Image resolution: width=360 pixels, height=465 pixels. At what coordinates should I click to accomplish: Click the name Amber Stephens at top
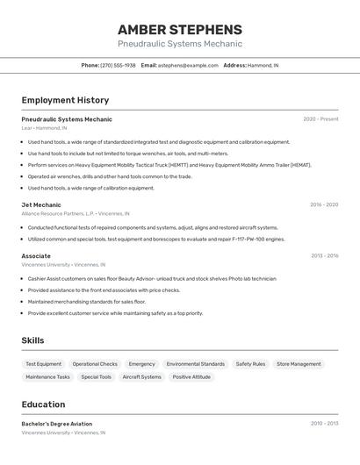[179, 29]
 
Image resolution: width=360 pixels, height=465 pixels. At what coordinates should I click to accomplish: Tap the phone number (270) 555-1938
[118, 65]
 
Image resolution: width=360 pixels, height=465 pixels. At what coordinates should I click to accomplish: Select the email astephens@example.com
[188, 65]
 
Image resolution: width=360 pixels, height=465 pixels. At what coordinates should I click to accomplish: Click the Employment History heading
[65, 100]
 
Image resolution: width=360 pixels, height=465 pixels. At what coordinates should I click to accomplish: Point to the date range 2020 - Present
[320, 119]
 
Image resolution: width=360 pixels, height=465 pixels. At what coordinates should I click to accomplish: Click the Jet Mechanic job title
[41, 204]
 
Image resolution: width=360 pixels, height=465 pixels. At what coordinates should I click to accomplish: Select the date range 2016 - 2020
[323, 204]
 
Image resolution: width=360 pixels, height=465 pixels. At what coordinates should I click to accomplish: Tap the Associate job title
[36, 255]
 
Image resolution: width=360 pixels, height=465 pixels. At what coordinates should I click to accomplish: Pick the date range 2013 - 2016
[324, 255]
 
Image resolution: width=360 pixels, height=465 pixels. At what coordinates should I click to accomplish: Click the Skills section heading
[32, 340]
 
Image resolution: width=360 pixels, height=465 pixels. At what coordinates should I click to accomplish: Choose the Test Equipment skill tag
[43, 364]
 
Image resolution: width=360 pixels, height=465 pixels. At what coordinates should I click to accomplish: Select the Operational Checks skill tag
[95, 364]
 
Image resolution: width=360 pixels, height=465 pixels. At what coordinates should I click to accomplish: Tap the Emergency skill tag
[141, 364]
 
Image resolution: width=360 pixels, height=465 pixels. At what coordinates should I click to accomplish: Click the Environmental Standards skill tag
[196, 364]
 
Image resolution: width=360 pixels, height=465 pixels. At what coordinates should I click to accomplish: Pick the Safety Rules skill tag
[250, 364]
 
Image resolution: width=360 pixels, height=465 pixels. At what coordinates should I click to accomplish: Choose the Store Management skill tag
[299, 364]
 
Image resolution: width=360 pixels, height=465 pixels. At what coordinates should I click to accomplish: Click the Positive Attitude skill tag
[191, 377]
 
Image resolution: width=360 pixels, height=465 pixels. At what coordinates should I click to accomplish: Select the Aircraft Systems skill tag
[141, 377]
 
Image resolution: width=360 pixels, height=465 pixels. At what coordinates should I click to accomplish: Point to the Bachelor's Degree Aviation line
[58, 424]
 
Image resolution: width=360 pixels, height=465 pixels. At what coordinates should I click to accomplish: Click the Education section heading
[43, 404]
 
